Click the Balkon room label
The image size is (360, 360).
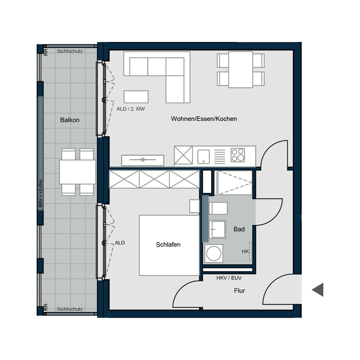(x=70, y=120)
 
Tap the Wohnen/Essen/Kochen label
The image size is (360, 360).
(x=204, y=118)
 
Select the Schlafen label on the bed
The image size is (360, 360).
(x=168, y=244)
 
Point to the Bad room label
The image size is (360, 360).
(x=239, y=229)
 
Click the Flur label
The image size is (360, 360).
(x=240, y=290)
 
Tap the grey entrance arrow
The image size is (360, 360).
(x=318, y=290)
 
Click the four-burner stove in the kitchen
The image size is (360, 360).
(x=238, y=155)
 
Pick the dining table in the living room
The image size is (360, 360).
(x=240, y=70)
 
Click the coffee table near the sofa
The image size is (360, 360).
(x=136, y=97)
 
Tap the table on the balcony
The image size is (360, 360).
(x=78, y=172)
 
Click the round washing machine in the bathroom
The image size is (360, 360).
(x=213, y=253)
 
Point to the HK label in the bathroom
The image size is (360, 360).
(x=245, y=251)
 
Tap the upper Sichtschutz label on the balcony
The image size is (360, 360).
(x=70, y=51)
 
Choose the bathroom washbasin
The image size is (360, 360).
(x=217, y=229)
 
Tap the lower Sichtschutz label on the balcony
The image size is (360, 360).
(x=70, y=309)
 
